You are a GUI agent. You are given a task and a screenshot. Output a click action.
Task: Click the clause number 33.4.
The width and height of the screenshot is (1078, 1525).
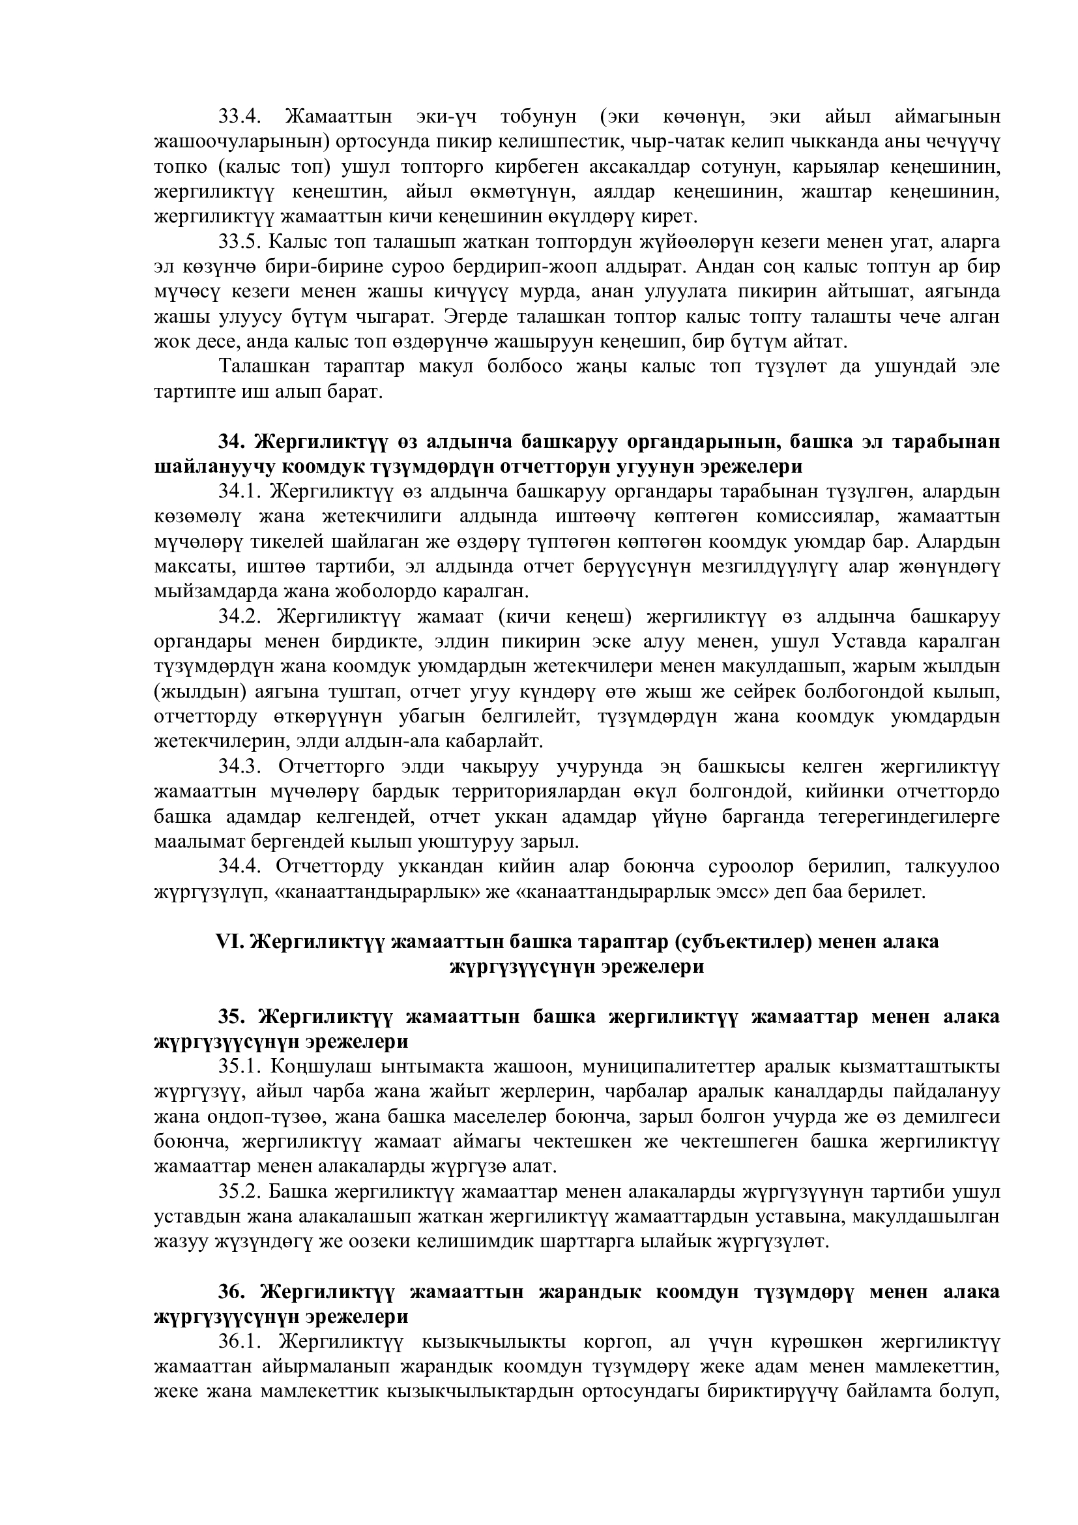pos(240,117)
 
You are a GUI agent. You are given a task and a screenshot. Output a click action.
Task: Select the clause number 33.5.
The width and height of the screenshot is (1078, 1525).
pos(240,242)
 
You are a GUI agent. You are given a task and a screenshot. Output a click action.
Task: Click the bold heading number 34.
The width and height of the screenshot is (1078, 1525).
pos(232,442)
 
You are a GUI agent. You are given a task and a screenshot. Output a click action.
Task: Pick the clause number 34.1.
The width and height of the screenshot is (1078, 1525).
pos(240,492)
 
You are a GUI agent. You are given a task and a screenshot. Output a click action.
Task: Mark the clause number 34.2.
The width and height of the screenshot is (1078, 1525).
pos(240,617)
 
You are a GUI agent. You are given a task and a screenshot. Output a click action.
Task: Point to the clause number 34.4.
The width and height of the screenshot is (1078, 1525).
pos(240,867)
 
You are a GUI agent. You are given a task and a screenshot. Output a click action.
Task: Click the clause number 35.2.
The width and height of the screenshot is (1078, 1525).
pos(240,1192)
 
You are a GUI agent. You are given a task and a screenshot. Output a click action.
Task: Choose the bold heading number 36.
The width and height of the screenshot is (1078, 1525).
pos(232,1292)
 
